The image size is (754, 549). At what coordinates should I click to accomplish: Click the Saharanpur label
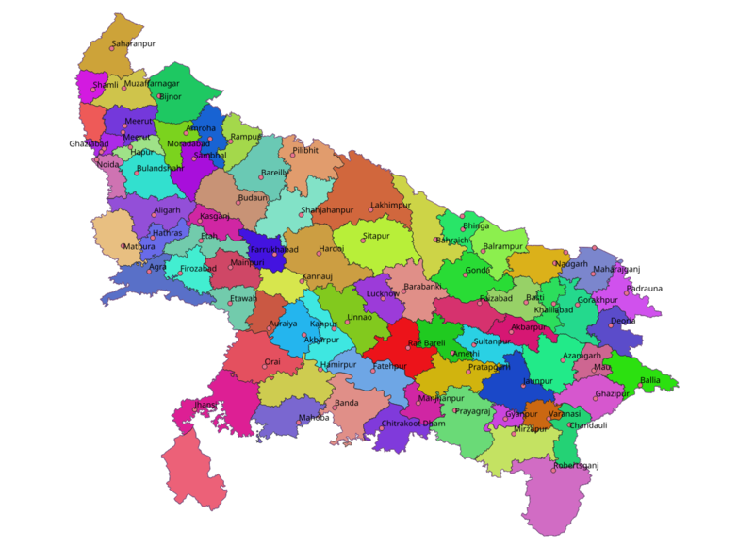tap(133, 43)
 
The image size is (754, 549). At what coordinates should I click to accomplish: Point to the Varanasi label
tap(565, 414)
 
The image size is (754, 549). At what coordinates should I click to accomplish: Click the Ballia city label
tap(650, 380)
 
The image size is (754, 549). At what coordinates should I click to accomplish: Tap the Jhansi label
tap(205, 405)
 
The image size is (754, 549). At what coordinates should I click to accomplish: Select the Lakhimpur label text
tap(390, 204)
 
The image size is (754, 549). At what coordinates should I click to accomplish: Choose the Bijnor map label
tap(171, 96)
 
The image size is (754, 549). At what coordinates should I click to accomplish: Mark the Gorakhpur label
tap(597, 300)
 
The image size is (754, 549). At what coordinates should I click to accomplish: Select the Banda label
tap(346, 403)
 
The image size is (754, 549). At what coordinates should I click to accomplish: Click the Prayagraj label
tap(472, 410)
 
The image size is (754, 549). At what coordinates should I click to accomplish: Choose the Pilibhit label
tap(305, 150)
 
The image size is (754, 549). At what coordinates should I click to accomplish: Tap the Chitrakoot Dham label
tap(413, 424)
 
